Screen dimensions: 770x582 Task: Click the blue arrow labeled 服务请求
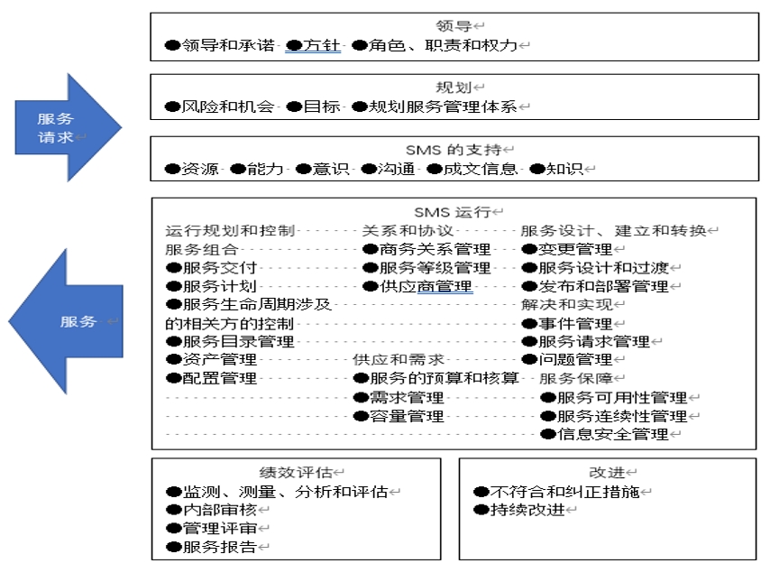point(67,128)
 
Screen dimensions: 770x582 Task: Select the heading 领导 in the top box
point(454,25)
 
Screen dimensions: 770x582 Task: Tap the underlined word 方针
point(322,45)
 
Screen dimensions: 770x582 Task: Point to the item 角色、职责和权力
point(444,45)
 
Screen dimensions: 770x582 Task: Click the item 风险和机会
point(228,106)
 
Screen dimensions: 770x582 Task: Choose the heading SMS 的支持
point(454,150)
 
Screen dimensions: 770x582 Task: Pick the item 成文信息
point(481,169)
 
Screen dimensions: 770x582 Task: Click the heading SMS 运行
point(453,212)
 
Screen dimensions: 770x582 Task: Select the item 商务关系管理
point(435,249)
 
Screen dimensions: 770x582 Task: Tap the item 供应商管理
point(426,287)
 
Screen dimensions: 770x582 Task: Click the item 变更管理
point(575,249)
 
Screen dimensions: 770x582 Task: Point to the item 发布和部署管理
point(603,287)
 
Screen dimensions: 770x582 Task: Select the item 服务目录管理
point(239,342)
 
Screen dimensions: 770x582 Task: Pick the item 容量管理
point(408,416)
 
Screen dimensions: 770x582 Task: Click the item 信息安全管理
point(613,435)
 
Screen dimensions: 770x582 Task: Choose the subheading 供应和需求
point(399,360)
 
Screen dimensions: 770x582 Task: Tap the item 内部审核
point(220,510)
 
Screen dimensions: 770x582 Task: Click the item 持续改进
point(527,510)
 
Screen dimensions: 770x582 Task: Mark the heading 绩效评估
point(296,473)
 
